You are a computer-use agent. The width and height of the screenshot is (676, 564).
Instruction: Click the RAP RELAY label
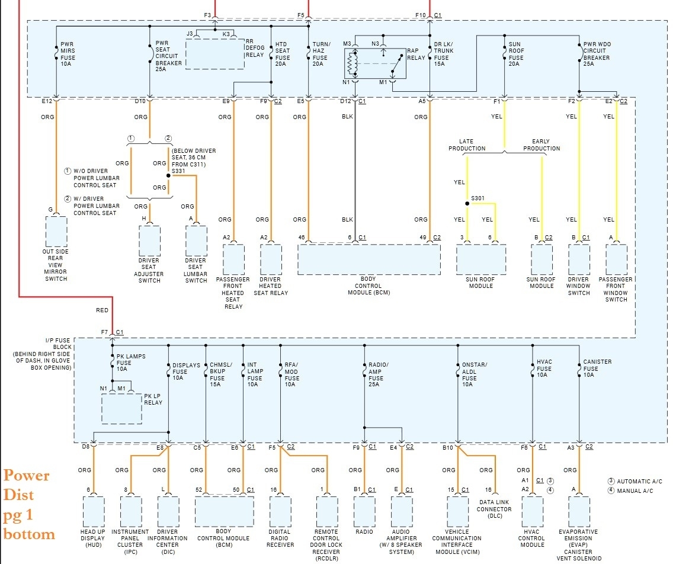pos(416,54)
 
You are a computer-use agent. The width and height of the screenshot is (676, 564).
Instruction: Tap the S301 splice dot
pos(467,203)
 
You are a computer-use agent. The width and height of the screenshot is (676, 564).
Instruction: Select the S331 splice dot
pos(168,176)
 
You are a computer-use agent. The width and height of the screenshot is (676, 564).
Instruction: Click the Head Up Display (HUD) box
pos(93,512)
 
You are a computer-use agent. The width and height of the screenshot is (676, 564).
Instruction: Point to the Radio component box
pos(364,512)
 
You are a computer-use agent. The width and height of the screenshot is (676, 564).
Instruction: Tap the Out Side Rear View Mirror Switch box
pos(56,232)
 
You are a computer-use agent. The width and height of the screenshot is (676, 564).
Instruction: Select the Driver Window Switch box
pos(579,259)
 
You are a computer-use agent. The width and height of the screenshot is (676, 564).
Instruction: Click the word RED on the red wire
pos(102,310)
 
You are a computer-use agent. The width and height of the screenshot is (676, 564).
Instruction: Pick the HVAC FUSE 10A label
pos(544,368)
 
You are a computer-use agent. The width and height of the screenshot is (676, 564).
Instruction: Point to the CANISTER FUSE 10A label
pos(597,368)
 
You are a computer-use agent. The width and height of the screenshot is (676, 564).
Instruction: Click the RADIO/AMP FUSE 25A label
pos(378,374)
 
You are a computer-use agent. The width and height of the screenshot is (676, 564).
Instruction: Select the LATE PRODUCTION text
pos(467,145)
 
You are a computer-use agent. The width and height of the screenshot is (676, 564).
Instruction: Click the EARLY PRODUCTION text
pos(542,145)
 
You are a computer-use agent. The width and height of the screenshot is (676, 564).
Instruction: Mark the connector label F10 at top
pos(420,15)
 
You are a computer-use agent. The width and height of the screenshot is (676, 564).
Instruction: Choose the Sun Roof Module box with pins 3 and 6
pos(481,259)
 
